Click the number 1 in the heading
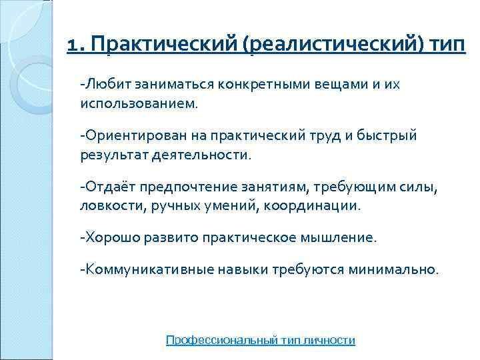pos(73,45)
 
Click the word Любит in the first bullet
pos(107,85)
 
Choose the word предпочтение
pos(187,187)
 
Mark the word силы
pos(421,187)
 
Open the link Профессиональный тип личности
pos(260,340)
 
